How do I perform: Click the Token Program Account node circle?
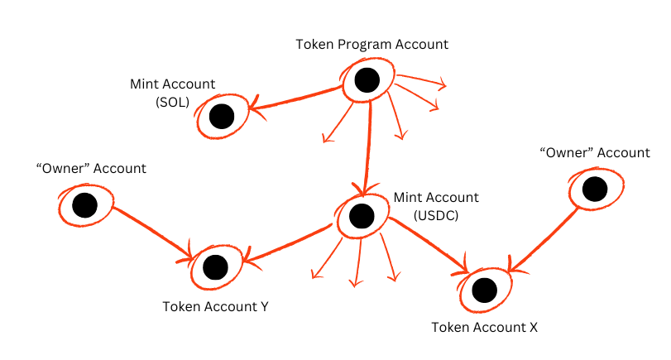tap(367, 80)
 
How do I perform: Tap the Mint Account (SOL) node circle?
tap(222, 117)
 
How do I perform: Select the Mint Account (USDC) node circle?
tap(361, 215)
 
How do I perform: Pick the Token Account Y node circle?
tap(215, 266)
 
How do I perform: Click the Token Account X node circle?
tap(485, 290)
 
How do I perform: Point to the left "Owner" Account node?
tap(84, 205)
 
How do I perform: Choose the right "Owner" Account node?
tap(594, 190)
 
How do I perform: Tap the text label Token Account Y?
tap(215, 306)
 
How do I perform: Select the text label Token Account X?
tap(485, 327)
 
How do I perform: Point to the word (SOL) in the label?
tap(172, 102)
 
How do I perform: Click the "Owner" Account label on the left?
tap(91, 168)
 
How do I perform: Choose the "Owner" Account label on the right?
tap(594, 152)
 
